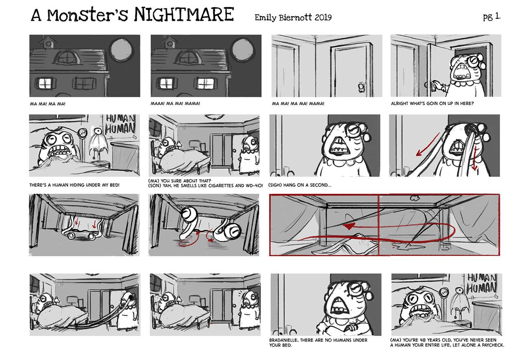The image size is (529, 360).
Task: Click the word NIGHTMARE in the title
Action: (x=184, y=14)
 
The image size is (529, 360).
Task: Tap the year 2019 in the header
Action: (x=323, y=18)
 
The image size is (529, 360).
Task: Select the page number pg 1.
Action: (x=492, y=17)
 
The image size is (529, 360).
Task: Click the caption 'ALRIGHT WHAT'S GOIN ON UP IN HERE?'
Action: (x=432, y=103)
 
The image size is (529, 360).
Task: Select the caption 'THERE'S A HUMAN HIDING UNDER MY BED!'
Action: (x=74, y=185)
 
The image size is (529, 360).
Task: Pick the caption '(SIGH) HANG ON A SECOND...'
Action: (x=299, y=185)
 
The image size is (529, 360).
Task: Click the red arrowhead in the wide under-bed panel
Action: (x=349, y=226)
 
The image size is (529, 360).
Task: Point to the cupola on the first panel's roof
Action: (x=48, y=42)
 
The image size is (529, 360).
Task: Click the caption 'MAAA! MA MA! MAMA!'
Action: (x=175, y=103)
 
